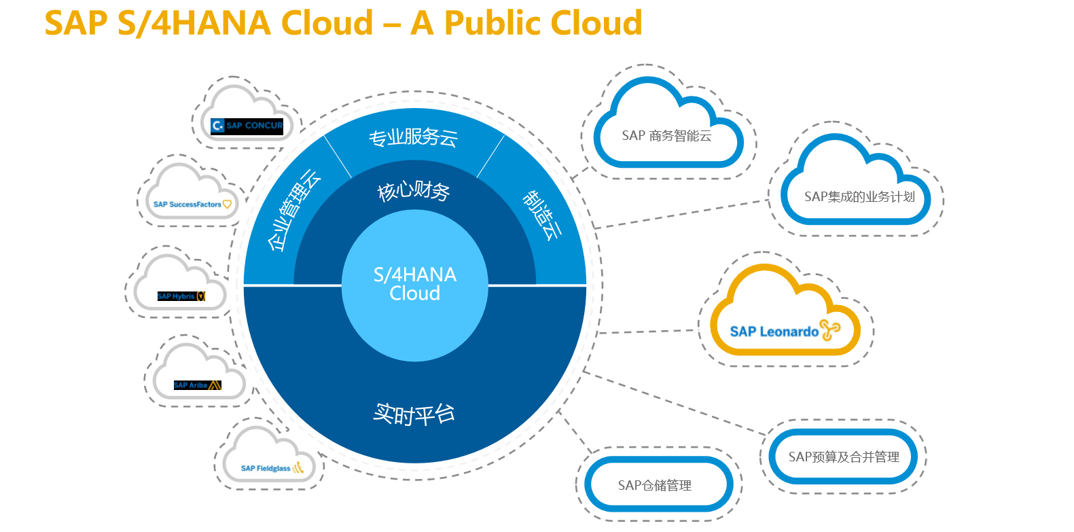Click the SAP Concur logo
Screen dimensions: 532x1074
tap(247, 126)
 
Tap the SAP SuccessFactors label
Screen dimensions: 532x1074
tap(187, 204)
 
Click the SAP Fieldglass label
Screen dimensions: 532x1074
tap(266, 468)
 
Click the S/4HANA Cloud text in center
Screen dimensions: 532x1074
tap(414, 284)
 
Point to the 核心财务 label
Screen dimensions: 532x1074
tap(414, 191)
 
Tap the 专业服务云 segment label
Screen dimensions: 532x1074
tap(413, 137)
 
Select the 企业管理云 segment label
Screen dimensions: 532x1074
tap(293, 211)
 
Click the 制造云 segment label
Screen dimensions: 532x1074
tap(542, 215)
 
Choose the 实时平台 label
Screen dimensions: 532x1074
tap(414, 413)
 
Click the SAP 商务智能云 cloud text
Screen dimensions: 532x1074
tap(666, 136)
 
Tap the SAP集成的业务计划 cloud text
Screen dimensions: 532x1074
tap(859, 197)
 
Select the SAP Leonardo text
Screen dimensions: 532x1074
tap(774, 332)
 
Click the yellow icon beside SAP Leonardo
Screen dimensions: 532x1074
tap(829, 330)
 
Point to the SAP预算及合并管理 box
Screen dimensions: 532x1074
tap(843, 457)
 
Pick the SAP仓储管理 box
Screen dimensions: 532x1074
tap(655, 485)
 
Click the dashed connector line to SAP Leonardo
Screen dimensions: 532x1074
tap(645, 332)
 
